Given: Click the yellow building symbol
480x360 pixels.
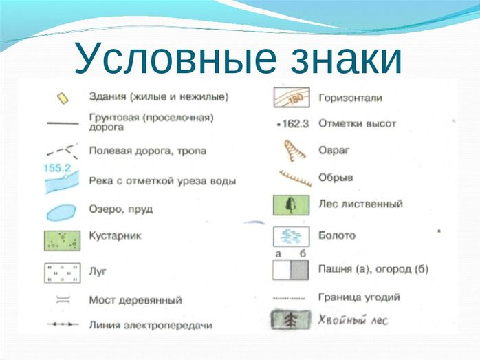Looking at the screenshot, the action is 63,98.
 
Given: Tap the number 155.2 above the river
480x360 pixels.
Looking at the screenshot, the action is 58,168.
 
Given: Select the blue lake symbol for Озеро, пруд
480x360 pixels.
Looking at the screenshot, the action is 61,213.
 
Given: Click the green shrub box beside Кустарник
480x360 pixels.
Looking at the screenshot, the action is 62,241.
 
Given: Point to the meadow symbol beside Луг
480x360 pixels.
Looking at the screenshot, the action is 63,273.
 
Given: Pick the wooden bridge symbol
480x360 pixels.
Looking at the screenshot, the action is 63,299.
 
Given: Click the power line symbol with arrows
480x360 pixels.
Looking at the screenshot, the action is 63,324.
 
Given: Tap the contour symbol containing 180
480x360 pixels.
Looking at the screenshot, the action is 292,98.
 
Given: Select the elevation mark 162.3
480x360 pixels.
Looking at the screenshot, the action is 293,124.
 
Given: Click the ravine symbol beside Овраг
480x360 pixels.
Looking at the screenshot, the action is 293,151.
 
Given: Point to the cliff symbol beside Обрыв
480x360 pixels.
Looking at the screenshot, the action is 296,178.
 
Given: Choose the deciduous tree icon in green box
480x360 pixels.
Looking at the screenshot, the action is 291,205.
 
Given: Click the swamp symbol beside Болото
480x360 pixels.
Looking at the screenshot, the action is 291,237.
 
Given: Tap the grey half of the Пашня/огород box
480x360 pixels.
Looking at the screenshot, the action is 299,270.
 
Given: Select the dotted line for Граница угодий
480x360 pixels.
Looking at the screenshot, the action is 289,298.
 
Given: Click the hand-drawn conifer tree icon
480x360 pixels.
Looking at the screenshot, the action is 290,321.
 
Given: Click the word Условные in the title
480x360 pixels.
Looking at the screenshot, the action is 175,59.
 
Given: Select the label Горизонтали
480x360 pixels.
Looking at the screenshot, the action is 351,98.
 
